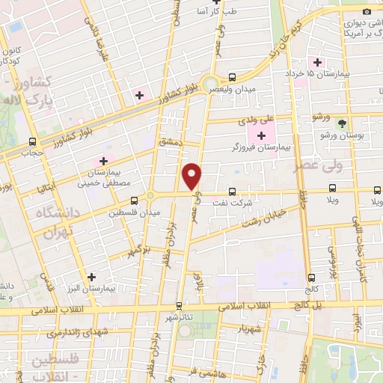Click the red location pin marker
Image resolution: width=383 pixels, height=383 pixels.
pyautogui.click(x=192, y=177)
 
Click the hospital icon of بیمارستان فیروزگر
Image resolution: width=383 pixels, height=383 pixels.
pyautogui.click(x=261, y=135)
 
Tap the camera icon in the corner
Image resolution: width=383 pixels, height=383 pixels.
pyautogui.click(x=367, y=11)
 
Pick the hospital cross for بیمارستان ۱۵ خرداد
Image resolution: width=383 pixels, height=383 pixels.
pyautogui.click(x=317, y=62)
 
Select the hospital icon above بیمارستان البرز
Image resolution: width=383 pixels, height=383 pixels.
pyautogui.click(x=91, y=276)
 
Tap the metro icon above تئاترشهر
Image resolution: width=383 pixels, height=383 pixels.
pyautogui.click(x=178, y=305)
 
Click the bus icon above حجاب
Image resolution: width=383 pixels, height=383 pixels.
pyautogui.click(x=32, y=141)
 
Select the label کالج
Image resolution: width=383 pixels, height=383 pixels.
pyautogui.click(x=312, y=288)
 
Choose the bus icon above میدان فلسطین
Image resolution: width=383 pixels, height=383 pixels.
pyautogui.click(x=134, y=200)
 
